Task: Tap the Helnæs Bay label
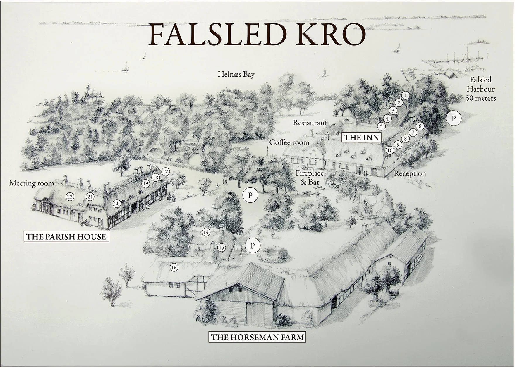pos(236,74)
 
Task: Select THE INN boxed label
pos(361,137)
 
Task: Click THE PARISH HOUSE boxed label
pos(66,236)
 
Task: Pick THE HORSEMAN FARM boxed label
pos(257,337)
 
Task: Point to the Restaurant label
pos(310,123)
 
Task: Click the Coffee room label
pos(289,142)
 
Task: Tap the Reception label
pos(410,173)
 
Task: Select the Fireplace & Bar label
pos(310,178)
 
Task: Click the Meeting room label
pos(32,183)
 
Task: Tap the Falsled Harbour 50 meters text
pos(480,89)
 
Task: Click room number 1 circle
pos(405,95)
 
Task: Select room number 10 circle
pos(390,150)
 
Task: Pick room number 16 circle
pos(174,267)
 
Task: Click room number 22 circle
pos(70,197)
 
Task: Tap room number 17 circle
pos(166,172)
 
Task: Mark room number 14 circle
pos(206,232)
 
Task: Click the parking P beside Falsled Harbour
pos(454,118)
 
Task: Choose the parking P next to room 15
pos(253,246)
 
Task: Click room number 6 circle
pos(420,126)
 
